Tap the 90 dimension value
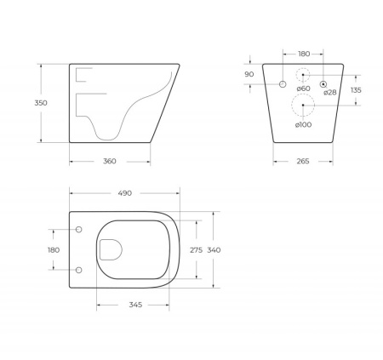pyautogui.click(x=250, y=74)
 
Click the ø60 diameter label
pyautogui.click(x=302, y=89)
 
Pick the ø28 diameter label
pyautogui.click(x=329, y=92)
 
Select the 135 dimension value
pyautogui.click(x=356, y=89)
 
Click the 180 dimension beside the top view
pyautogui.click(x=53, y=249)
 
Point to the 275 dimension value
pyautogui.click(x=195, y=249)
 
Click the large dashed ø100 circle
pyautogui.click(x=303, y=106)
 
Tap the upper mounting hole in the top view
pyautogui.click(x=79, y=230)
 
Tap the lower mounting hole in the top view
pyautogui.click(x=79, y=270)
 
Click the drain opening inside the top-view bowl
pyautogui.click(x=111, y=249)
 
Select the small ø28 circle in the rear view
pyautogui.click(x=323, y=83)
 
